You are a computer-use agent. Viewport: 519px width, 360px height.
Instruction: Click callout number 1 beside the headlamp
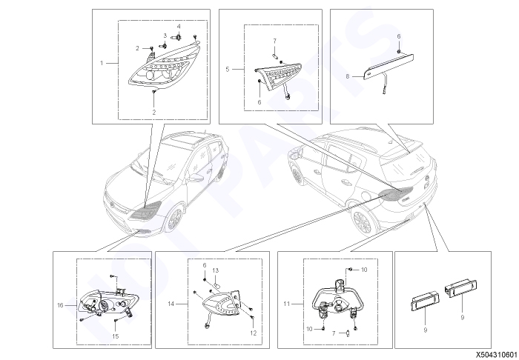[102, 63]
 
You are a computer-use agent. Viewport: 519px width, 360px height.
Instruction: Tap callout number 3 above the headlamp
[165, 36]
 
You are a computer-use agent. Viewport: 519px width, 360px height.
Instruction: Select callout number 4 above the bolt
[179, 26]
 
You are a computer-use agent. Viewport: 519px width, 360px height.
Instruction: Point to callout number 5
[228, 69]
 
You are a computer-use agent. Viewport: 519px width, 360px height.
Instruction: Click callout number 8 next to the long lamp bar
[348, 76]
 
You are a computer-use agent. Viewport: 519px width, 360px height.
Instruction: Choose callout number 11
[287, 304]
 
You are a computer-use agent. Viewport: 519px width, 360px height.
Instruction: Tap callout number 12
[254, 333]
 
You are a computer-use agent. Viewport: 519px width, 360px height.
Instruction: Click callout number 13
[216, 270]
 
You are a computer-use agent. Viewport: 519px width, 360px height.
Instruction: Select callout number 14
[171, 304]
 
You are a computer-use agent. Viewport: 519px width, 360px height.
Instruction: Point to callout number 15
[115, 336]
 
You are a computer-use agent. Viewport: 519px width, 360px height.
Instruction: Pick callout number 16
[60, 305]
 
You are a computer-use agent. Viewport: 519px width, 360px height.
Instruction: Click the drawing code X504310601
[497, 355]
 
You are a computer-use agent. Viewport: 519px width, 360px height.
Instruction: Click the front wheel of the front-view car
[174, 218]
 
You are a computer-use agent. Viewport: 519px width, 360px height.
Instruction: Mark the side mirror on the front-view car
[196, 179]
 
